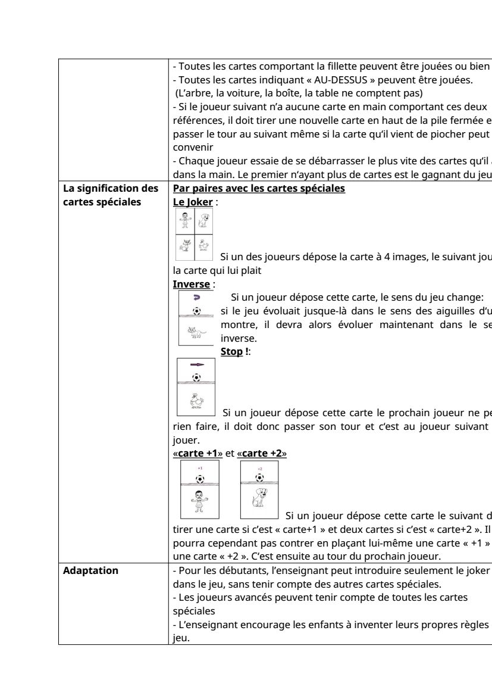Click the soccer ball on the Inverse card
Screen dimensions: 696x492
point(197,311)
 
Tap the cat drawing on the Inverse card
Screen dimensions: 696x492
point(196,332)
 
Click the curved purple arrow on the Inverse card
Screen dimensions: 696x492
point(197,296)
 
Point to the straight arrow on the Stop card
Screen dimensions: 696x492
point(197,364)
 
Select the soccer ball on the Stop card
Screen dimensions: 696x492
point(197,377)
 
